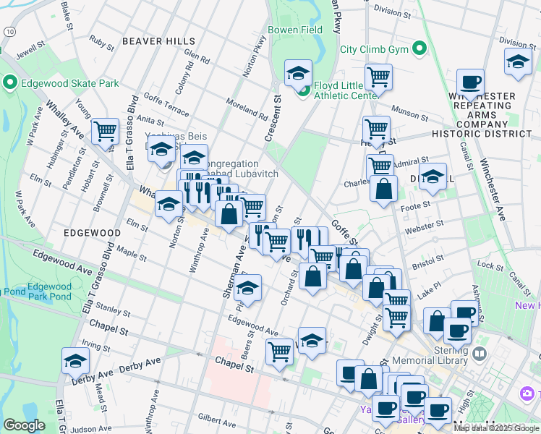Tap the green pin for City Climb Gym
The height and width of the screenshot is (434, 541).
tap(419, 50)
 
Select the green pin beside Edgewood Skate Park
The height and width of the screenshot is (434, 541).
tap(10, 83)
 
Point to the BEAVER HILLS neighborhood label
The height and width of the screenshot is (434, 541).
tap(158, 41)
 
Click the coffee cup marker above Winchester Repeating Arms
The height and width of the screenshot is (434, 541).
tap(470, 82)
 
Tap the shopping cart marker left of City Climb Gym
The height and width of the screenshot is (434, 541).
tap(378, 75)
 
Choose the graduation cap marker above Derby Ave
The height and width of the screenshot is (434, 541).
tap(75, 360)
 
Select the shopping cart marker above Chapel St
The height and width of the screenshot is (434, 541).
tap(279, 351)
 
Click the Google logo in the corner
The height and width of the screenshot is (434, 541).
tap(24, 425)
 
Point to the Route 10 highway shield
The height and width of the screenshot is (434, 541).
tap(7, 32)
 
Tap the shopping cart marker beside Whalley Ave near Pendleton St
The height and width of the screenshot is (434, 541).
tap(106, 131)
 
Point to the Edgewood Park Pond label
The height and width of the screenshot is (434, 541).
tap(49, 292)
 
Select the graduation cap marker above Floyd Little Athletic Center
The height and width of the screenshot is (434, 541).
tap(297, 72)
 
